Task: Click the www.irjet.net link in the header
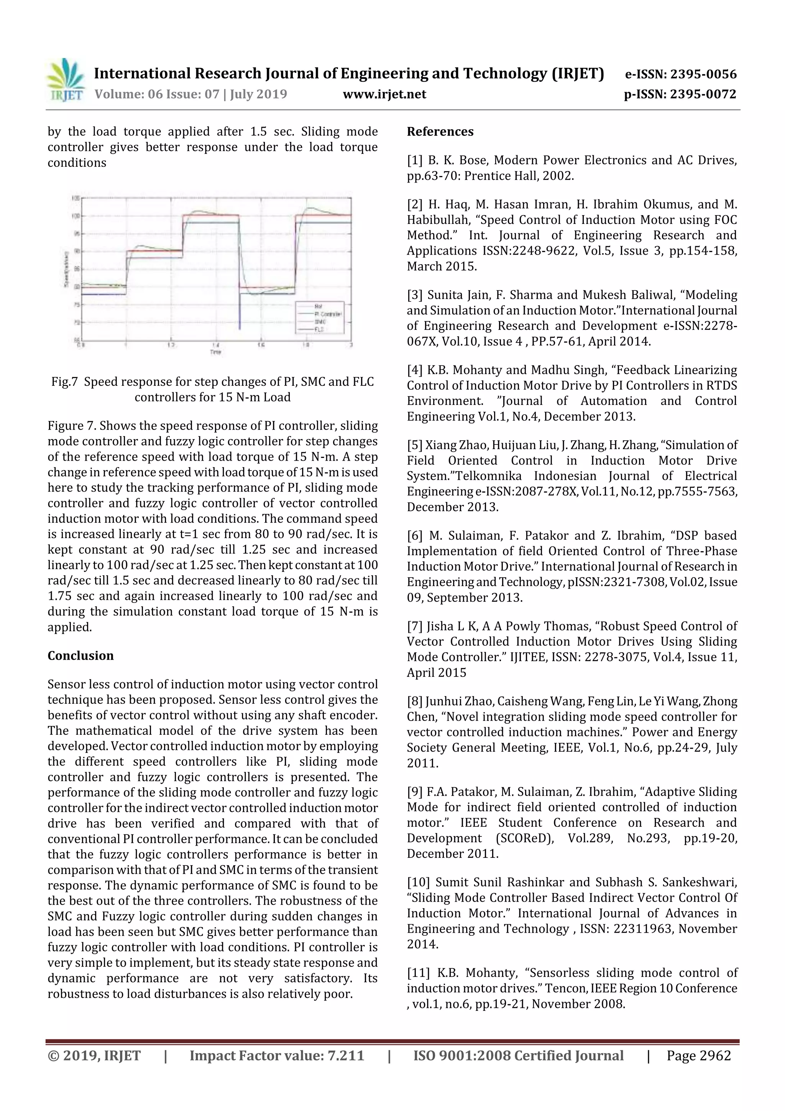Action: click(384, 94)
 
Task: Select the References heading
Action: click(440, 132)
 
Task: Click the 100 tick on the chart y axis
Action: click(76, 216)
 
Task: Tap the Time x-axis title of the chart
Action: click(216, 352)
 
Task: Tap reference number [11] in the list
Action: click(419, 973)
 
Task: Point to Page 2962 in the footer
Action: click(698, 1055)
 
